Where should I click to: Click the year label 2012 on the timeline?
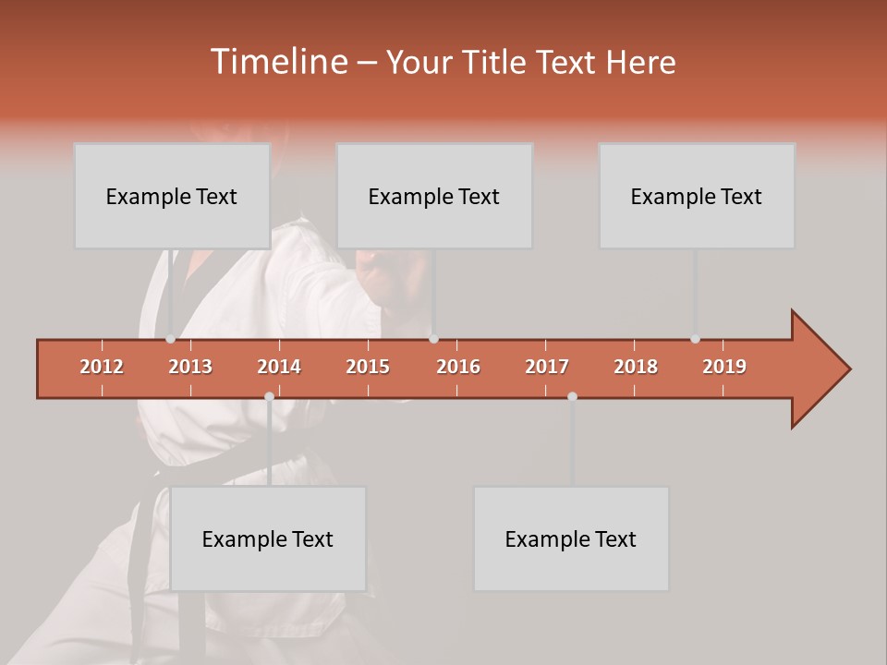click(102, 367)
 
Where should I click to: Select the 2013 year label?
click(190, 367)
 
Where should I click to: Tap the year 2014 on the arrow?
click(279, 367)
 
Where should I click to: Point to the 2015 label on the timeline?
click(368, 367)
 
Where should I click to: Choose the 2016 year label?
click(458, 367)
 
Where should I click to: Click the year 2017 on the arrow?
click(547, 367)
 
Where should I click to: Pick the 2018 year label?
click(636, 367)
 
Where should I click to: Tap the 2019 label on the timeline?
click(724, 367)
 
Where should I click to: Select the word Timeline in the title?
click(277, 62)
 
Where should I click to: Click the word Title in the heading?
click(497, 62)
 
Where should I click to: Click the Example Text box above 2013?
click(172, 196)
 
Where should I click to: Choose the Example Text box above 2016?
click(434, 196)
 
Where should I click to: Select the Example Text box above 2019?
click(697, 196)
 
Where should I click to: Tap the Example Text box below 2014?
click(268, 538)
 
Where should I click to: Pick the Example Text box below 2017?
click(571, 538)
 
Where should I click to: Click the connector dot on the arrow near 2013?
click(171, 339)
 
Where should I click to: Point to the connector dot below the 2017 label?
click(572, 396)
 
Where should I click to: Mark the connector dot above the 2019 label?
click(696, 339)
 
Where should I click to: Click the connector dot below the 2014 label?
click(269, 396)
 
